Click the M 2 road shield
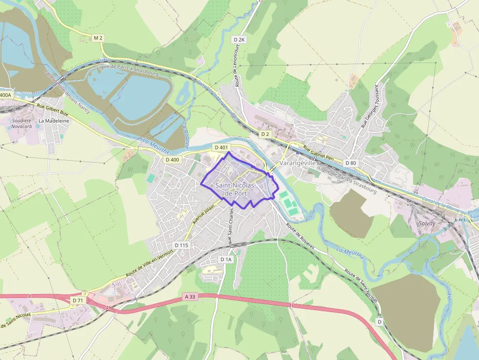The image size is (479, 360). (99, 38)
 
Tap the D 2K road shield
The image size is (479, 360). (239, 40)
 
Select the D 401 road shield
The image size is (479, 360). (221, 148)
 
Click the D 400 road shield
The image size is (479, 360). (173, 160)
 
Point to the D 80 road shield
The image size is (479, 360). (350, 163)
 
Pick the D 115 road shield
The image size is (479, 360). (181, 245)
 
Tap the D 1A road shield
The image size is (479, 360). (226, 259)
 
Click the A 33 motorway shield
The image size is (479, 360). (190, 296)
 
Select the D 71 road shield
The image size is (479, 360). (77, 300)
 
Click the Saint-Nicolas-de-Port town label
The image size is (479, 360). (234, 190)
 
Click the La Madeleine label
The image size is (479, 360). (54, 121)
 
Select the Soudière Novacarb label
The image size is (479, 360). (22, 124)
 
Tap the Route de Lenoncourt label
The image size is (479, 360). (238, 71)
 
